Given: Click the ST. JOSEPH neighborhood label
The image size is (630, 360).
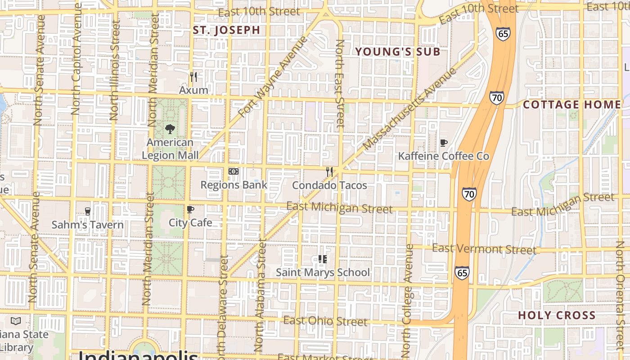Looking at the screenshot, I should coord(226,30).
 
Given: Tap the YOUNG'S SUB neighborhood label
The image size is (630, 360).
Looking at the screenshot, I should coord(398,52).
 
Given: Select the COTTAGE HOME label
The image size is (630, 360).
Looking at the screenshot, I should coord(571,105).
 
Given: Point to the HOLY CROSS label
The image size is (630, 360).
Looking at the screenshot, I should coord(557,315).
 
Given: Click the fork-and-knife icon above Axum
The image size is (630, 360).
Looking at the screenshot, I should coord(193,77).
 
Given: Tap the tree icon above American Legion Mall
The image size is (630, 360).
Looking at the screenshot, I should coord(170,129).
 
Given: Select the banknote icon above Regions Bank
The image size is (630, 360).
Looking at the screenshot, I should coord(233,171).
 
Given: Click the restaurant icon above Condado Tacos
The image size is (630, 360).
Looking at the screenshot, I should coord(329,171).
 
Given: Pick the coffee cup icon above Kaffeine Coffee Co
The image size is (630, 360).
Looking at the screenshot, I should coord(443,143).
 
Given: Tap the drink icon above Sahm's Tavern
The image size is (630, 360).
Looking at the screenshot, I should coord(88,211).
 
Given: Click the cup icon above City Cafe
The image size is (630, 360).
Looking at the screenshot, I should coord(190,209).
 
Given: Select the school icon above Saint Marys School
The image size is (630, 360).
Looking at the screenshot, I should coord(322,259).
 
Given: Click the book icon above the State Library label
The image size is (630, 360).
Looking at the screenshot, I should coord(16,321).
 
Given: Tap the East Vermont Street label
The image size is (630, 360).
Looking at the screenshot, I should coord(484,249).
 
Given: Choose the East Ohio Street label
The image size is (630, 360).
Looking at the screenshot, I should coord(325,321).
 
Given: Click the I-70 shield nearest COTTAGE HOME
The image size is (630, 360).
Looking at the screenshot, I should coord(496,97).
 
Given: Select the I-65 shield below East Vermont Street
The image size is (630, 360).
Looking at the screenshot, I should coord(462,273).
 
